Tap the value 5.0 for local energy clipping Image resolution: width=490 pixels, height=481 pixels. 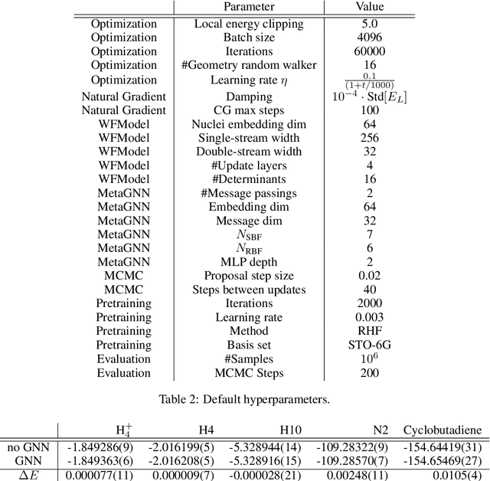370,23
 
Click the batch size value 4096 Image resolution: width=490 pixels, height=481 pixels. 370,37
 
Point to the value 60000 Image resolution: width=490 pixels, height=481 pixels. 370,51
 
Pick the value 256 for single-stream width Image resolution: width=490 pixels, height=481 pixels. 370,139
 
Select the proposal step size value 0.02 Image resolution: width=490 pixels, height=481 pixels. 370,276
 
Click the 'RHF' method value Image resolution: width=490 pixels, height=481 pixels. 370,331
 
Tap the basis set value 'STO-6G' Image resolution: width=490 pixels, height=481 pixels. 370,345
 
